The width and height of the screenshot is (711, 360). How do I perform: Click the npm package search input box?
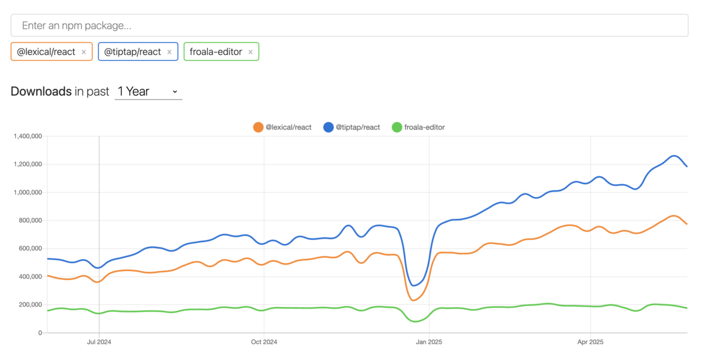[x=350, y=25]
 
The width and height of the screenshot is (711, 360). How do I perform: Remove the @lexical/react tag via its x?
[x=84, y=52]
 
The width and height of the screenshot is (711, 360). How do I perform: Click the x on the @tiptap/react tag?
[x=169, y=52]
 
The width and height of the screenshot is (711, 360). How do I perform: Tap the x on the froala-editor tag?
[x=251, y=52]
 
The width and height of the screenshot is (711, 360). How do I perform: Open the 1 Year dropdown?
[x=148, y=92]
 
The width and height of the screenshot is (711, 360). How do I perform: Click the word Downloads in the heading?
[x=41, y=91]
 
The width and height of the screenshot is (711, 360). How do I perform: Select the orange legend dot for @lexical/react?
[x=258, y=127]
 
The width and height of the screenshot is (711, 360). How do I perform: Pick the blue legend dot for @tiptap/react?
[x=328, y=127]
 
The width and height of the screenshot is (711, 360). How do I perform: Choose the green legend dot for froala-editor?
[x=397, y=127]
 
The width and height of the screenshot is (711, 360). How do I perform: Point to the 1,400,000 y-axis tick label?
[x=28, y=136]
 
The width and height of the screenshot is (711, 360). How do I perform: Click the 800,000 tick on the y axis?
[x=30, y=220]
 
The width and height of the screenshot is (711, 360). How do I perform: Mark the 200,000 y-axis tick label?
[x=30, y=304]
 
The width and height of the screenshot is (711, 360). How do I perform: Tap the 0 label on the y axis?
[x=40, y=333]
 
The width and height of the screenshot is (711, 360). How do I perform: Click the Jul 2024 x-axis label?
[x=99, y=342]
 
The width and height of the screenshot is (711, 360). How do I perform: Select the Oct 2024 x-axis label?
[x=264, y=342]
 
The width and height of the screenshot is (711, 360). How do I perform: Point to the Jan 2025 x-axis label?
[x=429, y=342]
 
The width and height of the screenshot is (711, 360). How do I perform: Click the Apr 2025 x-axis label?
[x=590, y=342]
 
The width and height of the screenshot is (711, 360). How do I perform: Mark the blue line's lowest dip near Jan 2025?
[x=414, y=285]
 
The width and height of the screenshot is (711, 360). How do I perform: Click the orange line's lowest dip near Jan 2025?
[x=414, y=300]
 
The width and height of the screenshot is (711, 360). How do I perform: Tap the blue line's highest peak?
[x=674, y=156]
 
